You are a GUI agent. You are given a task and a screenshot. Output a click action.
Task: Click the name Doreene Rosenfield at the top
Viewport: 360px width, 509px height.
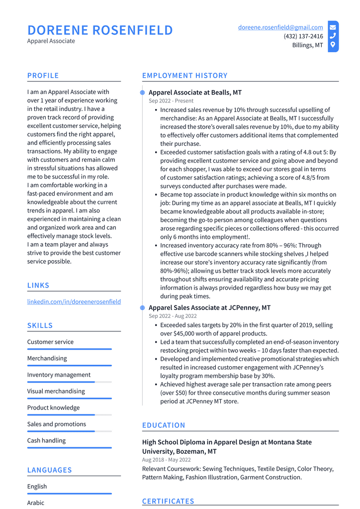pyautogui.click(x=100, y=30)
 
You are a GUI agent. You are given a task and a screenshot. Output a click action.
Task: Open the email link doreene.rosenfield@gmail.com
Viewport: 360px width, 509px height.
pyautogui.click(x=280, y=27)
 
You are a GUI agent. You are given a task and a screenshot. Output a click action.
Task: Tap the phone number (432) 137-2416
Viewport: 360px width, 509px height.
pyautogui.click(x=303, y=36)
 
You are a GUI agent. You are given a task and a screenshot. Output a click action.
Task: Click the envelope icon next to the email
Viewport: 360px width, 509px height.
pyautogui.click(x=333, y=27)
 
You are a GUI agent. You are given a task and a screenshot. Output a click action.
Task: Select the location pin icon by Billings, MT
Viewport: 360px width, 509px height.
pyautogui.click(x=333, y=45)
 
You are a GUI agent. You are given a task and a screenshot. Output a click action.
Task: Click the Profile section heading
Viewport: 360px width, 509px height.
pyautogui.click(x=43, y=76)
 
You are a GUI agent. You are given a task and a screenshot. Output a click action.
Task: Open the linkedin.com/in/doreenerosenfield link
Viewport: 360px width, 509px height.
pyautogui.click(x=74, y=302)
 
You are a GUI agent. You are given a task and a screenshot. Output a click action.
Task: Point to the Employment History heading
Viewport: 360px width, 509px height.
pyautogui.click(x=184, y=76)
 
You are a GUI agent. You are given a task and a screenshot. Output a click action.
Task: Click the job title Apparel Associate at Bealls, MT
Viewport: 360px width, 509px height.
pyautogui.click(x=195, y=93)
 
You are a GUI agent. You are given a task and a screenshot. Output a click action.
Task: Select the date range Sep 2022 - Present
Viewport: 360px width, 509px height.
pyautogui.click(x=171, y=101)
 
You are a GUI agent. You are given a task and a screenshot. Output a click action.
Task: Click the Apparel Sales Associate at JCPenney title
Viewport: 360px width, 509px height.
pyautogui.click(x=209, y=308)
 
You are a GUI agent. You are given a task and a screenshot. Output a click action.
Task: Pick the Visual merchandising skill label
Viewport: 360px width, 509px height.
pyautogui.click(x=56, y=391)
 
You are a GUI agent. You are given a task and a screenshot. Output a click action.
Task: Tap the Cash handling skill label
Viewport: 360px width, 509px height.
pyautogui.click(x=46, y=440)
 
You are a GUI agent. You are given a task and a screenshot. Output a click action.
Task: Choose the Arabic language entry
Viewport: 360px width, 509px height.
pyautogui.click(x=36, y=503)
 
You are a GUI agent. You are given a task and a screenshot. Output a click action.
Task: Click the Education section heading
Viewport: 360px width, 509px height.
pyautogui.click(x=164, y=425)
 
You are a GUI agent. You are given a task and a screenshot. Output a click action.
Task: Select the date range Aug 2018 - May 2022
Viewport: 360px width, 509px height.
pyautogui.click(x=166, y=460)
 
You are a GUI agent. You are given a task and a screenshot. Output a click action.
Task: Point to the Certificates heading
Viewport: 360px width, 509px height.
pyautogui.click(x=168, y=501)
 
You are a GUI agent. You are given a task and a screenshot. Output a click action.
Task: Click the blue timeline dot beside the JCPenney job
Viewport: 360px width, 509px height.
pyautogui.click(x=143, y=308)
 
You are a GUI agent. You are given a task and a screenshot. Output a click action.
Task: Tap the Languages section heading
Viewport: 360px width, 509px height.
pyautogui.click(x=49, y=470)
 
